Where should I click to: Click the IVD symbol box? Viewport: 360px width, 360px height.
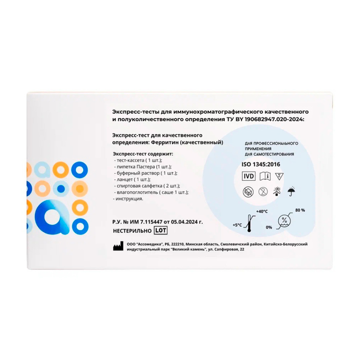point(249,176)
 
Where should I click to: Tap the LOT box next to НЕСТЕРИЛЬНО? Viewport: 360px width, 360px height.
point(160,230)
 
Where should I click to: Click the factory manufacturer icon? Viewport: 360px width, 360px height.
point(118,247)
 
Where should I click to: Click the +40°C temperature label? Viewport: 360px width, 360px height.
point(262,211)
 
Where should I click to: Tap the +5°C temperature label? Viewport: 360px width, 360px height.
point(237,225)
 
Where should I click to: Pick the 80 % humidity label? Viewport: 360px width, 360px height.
point(300,210)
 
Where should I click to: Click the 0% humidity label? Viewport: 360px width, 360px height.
point(269,227)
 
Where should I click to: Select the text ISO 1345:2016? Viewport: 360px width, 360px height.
point(261,165)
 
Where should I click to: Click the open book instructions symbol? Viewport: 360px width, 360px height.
point(265,176)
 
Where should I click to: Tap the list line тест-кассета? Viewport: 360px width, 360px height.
point(138,160)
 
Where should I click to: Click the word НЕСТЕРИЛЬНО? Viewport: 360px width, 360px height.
point(132,231)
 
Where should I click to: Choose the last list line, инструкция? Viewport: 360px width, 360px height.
point(128,199)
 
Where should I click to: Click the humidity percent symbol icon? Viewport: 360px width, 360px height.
point(284,221)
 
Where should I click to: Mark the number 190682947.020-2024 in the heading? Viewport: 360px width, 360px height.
point(274,120)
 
